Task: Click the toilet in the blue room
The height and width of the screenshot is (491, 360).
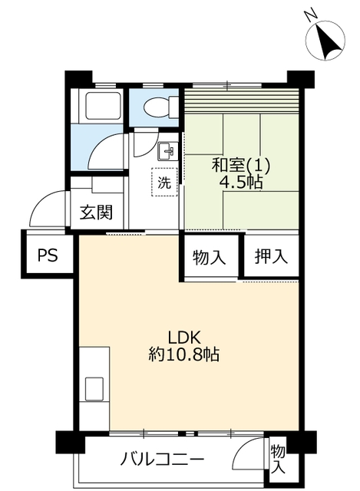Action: click(x=160, y=107)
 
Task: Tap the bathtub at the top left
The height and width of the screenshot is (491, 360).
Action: click(x=103, y=106)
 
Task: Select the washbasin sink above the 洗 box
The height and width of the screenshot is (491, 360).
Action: click(x=168, y=151)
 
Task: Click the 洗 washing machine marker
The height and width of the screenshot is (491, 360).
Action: click(x=164, y=183)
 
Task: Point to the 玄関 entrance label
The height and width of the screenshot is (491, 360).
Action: click(x=96, y=213)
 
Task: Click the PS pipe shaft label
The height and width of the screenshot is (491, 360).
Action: click(x=48, y=255)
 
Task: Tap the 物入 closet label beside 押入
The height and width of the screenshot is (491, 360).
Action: click(x=209, y=258)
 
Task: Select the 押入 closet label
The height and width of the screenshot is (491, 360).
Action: click(x=271, y=256)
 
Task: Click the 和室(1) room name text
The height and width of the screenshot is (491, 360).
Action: click(x=240, y=165)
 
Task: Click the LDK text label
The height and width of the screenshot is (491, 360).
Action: click(x=184, y=338)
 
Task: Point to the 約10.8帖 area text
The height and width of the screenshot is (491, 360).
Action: click(x=183, y=354)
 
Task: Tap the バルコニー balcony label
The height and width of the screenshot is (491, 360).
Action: click(x=162, y=460)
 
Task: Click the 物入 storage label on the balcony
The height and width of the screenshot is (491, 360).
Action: click(x=278, y=460)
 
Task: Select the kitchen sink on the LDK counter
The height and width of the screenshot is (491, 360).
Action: click(x=94, y=389)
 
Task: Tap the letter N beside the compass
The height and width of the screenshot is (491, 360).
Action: click(x=311, y=15)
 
